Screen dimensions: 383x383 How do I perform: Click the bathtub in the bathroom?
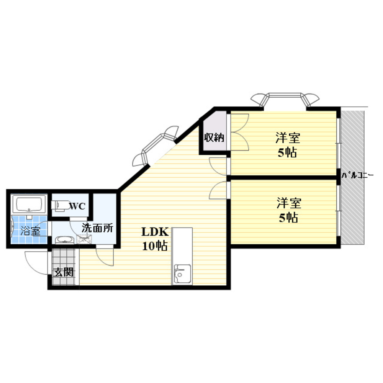[29, 204]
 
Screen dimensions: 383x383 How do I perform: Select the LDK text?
[155, 232]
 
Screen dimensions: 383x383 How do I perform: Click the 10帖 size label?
[155, 246]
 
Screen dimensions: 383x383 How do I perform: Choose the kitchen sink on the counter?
[182, 274]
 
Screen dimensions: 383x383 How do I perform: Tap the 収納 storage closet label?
[214, 137]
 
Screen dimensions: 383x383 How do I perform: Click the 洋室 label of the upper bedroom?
[288, 137]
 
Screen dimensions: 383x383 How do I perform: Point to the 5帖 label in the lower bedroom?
[288, 218]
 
